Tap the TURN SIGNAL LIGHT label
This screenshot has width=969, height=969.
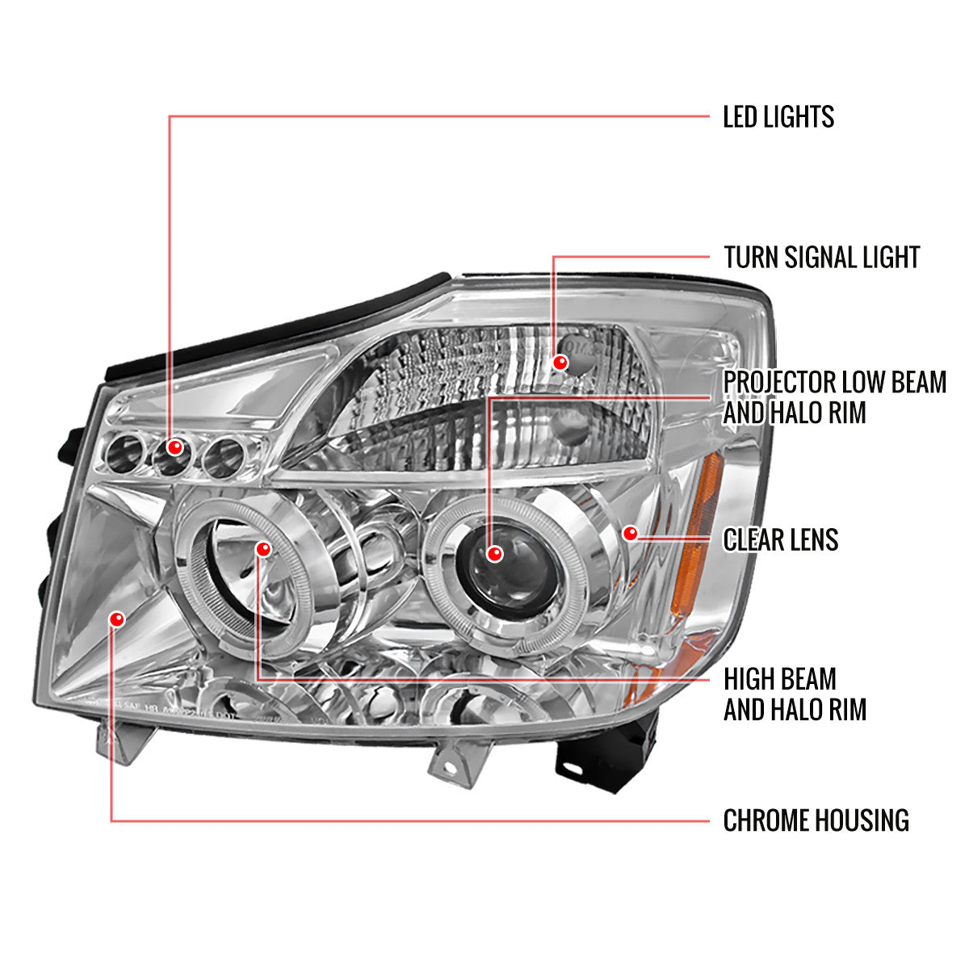(821, 258)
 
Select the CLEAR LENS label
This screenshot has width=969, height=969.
(780, 539)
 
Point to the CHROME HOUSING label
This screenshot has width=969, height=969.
(816, 820)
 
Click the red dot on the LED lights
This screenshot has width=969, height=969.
(174, 447)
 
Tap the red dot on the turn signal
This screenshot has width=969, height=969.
(557, 362)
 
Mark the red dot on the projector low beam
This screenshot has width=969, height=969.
(494, 554)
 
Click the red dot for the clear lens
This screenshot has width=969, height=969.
(631, 533)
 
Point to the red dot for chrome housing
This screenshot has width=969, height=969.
(118, 619)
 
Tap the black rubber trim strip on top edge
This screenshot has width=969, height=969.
(275, 327)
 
